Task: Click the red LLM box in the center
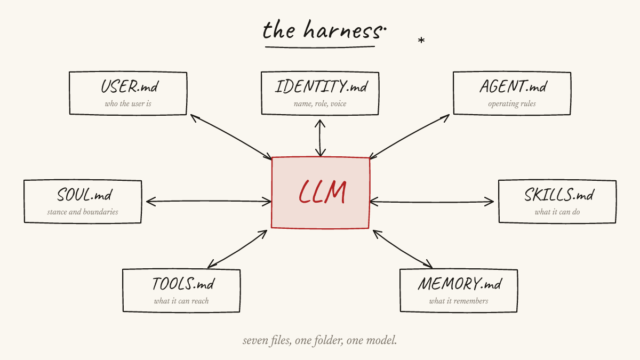[x=321, y=193]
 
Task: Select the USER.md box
[x=128, y=93]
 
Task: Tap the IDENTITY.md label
[x=321, y=86]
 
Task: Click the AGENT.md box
[x=512, y=93]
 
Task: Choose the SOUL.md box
[x=83, y=202]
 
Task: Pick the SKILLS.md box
[x=557, y=202]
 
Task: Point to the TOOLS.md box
[x=181, y=291]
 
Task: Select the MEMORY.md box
[x=459, y=291]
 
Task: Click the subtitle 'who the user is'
[x=128, y=103]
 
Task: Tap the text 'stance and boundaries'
[x=83, y=212]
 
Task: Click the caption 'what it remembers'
[x=459, y=301]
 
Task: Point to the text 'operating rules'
[x=512, y=103]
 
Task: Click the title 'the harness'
[x=322, y=30]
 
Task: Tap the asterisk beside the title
[x=421, y=41]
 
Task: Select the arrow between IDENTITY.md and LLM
[x=320, y=138]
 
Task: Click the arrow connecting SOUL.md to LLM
[x=208, y=201]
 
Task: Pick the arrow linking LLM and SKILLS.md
[x=432, y=202]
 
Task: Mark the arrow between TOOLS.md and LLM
[x=237, y=249]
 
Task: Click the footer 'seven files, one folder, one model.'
[x=320, y=340]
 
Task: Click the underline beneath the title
[x=320, y=47]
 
